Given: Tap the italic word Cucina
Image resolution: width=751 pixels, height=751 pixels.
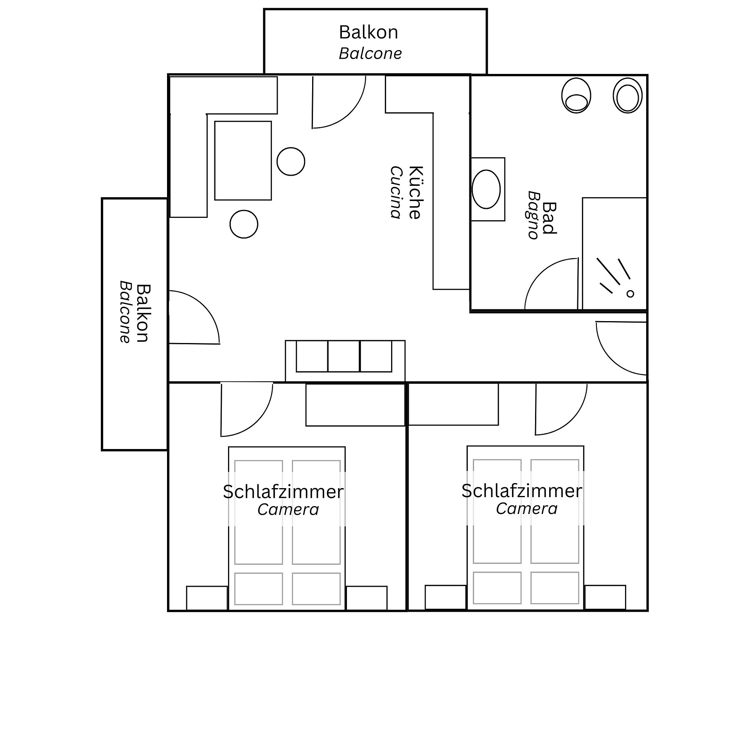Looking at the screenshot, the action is pos(396,192).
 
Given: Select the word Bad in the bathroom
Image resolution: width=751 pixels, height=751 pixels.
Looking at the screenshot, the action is pos(550,218).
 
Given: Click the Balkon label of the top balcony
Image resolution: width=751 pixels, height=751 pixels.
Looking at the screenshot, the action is pos(368,32).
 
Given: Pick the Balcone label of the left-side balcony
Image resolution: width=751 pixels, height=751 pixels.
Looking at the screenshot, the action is pos(124,312).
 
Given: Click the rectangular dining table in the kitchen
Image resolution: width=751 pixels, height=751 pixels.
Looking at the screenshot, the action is pos(243,160).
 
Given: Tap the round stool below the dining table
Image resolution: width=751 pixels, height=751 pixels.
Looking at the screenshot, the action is pos(244,224).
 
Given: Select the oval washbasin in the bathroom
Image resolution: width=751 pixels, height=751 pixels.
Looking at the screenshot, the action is pos(486,189).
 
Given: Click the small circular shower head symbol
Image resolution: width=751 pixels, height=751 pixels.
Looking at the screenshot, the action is pos(630,294).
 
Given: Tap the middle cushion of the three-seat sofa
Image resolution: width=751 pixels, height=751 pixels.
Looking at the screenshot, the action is pos(344,356).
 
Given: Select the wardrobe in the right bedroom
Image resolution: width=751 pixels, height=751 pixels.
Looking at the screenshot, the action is pos(453,404).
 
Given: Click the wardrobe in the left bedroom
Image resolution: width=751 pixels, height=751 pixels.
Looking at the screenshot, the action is pos(355,405).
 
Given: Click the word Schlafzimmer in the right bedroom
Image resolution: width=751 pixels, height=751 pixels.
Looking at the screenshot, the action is pos(522,491).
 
